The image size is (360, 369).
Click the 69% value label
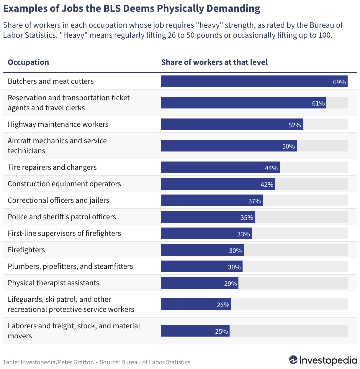point(339,82)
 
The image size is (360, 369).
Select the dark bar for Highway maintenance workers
point(232,124)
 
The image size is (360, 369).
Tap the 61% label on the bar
point(318,103)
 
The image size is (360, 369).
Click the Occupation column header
point(28,62)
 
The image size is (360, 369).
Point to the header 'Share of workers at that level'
point(214,62)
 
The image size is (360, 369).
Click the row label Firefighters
point(26,250)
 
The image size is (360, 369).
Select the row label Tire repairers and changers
point(52,167)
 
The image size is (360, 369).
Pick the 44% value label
point(271,168)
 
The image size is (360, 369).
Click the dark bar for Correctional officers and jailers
point(212,200)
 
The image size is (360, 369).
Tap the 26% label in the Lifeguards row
point(223,305)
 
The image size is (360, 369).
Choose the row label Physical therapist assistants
point(53,283)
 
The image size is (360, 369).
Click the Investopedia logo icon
point(293,360)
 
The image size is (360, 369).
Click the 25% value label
point(221,331)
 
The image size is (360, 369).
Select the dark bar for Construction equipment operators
point(218,184)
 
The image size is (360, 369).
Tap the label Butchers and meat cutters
point(51,81)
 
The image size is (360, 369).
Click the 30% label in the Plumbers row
point(234,267)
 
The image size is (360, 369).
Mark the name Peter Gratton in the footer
point(76,362)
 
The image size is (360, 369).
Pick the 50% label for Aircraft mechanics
point(288,146)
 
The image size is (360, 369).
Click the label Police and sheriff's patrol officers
point(62,217)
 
